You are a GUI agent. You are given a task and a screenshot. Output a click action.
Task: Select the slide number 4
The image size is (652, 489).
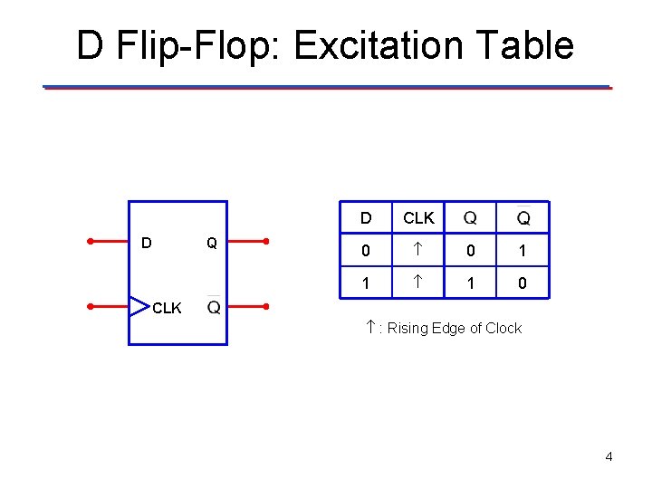(x=609, y=456)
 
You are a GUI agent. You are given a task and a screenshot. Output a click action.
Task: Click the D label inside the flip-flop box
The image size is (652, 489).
(x=147, y=243)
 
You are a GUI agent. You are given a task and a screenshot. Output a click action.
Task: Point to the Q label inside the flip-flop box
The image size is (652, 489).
(x=211, y=243)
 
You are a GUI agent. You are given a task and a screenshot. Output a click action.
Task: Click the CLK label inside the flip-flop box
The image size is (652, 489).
(x=167, y=308)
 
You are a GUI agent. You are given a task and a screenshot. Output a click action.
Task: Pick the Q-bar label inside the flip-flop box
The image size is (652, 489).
(x=215, y=307)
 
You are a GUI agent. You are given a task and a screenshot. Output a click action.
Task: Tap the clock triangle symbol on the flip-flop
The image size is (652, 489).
(x=139, y=306)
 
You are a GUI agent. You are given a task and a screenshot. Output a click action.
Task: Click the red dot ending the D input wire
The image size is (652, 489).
(x=91, y=241)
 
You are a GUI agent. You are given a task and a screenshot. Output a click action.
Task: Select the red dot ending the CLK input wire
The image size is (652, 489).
(x=91, y=306)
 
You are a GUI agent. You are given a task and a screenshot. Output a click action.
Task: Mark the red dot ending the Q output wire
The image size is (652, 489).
(x=266, y=241)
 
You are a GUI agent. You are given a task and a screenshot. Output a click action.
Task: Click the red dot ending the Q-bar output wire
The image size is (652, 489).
(x=266, y=306)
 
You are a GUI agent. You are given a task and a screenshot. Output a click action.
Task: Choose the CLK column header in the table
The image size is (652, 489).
(x=418, y=218)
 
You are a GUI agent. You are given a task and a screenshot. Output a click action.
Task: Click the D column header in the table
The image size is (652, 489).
(x=366, y=218)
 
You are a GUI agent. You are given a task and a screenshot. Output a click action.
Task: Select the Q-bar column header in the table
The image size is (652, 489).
(x=523, y=217)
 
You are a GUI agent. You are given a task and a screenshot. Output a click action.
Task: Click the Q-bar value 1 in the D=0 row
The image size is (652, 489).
(x=523, y=251)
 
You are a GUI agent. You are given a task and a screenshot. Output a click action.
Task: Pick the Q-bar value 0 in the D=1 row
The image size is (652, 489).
(x=523, y=283)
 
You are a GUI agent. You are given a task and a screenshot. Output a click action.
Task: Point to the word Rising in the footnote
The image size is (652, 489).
(x=408, y=328)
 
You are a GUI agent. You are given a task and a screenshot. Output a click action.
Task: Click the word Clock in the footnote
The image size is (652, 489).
(x=503, y=328)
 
